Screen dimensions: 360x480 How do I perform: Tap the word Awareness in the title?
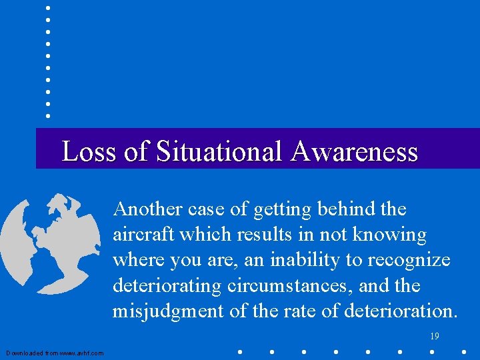(354, 152)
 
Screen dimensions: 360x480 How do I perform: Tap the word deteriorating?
(168, 285)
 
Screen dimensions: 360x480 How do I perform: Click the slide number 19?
(435, 337)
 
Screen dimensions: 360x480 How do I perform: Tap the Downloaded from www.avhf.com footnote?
(55, 353)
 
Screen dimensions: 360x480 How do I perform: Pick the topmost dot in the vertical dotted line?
(48, 8)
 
